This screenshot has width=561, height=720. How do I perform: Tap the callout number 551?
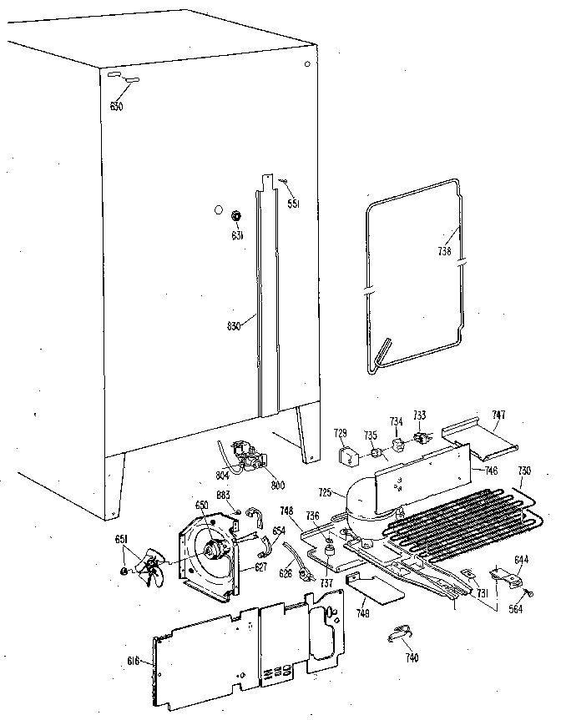[x=293, y=203]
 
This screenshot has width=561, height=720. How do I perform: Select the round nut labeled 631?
[x=236, y=217]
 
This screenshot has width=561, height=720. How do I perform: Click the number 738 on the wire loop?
[x=447, y=250]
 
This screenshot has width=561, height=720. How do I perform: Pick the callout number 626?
[x=286, y=573]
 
